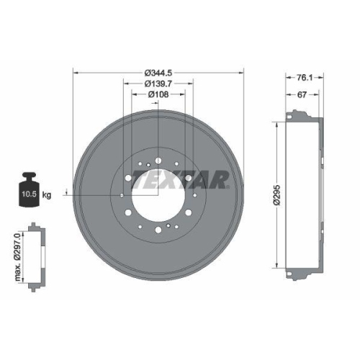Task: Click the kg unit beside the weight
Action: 47,195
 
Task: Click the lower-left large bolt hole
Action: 128,212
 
